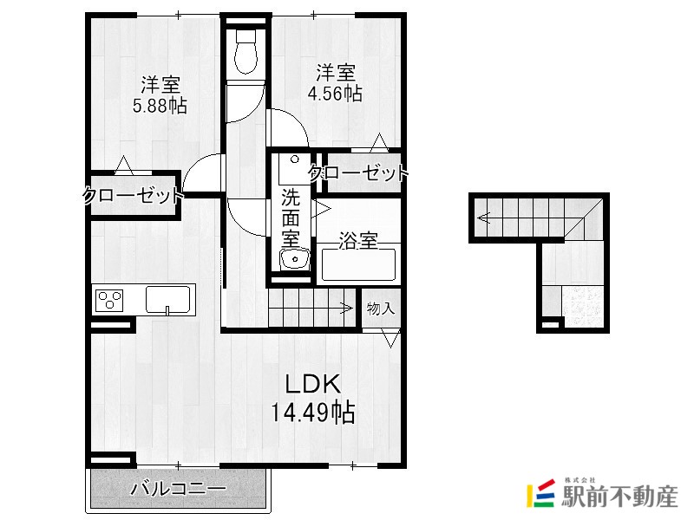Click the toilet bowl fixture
point(246,51)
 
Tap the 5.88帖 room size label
point(160,106)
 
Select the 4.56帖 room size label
point(335,94)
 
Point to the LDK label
point(313,384)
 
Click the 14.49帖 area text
point(312,413)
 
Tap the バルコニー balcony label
point(179,489)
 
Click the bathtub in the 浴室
point(358,264)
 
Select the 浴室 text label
point(358,241)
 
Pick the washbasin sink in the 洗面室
point(294,259)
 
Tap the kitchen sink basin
point(168,299)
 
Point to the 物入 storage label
point(381,309)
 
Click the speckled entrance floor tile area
point(583,307)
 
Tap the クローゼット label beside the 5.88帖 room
point(134,196)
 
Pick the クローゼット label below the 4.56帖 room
point(358,172)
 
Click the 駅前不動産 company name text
point(619,497)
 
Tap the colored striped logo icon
point(540,493)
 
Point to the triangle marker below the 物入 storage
point(391,338)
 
